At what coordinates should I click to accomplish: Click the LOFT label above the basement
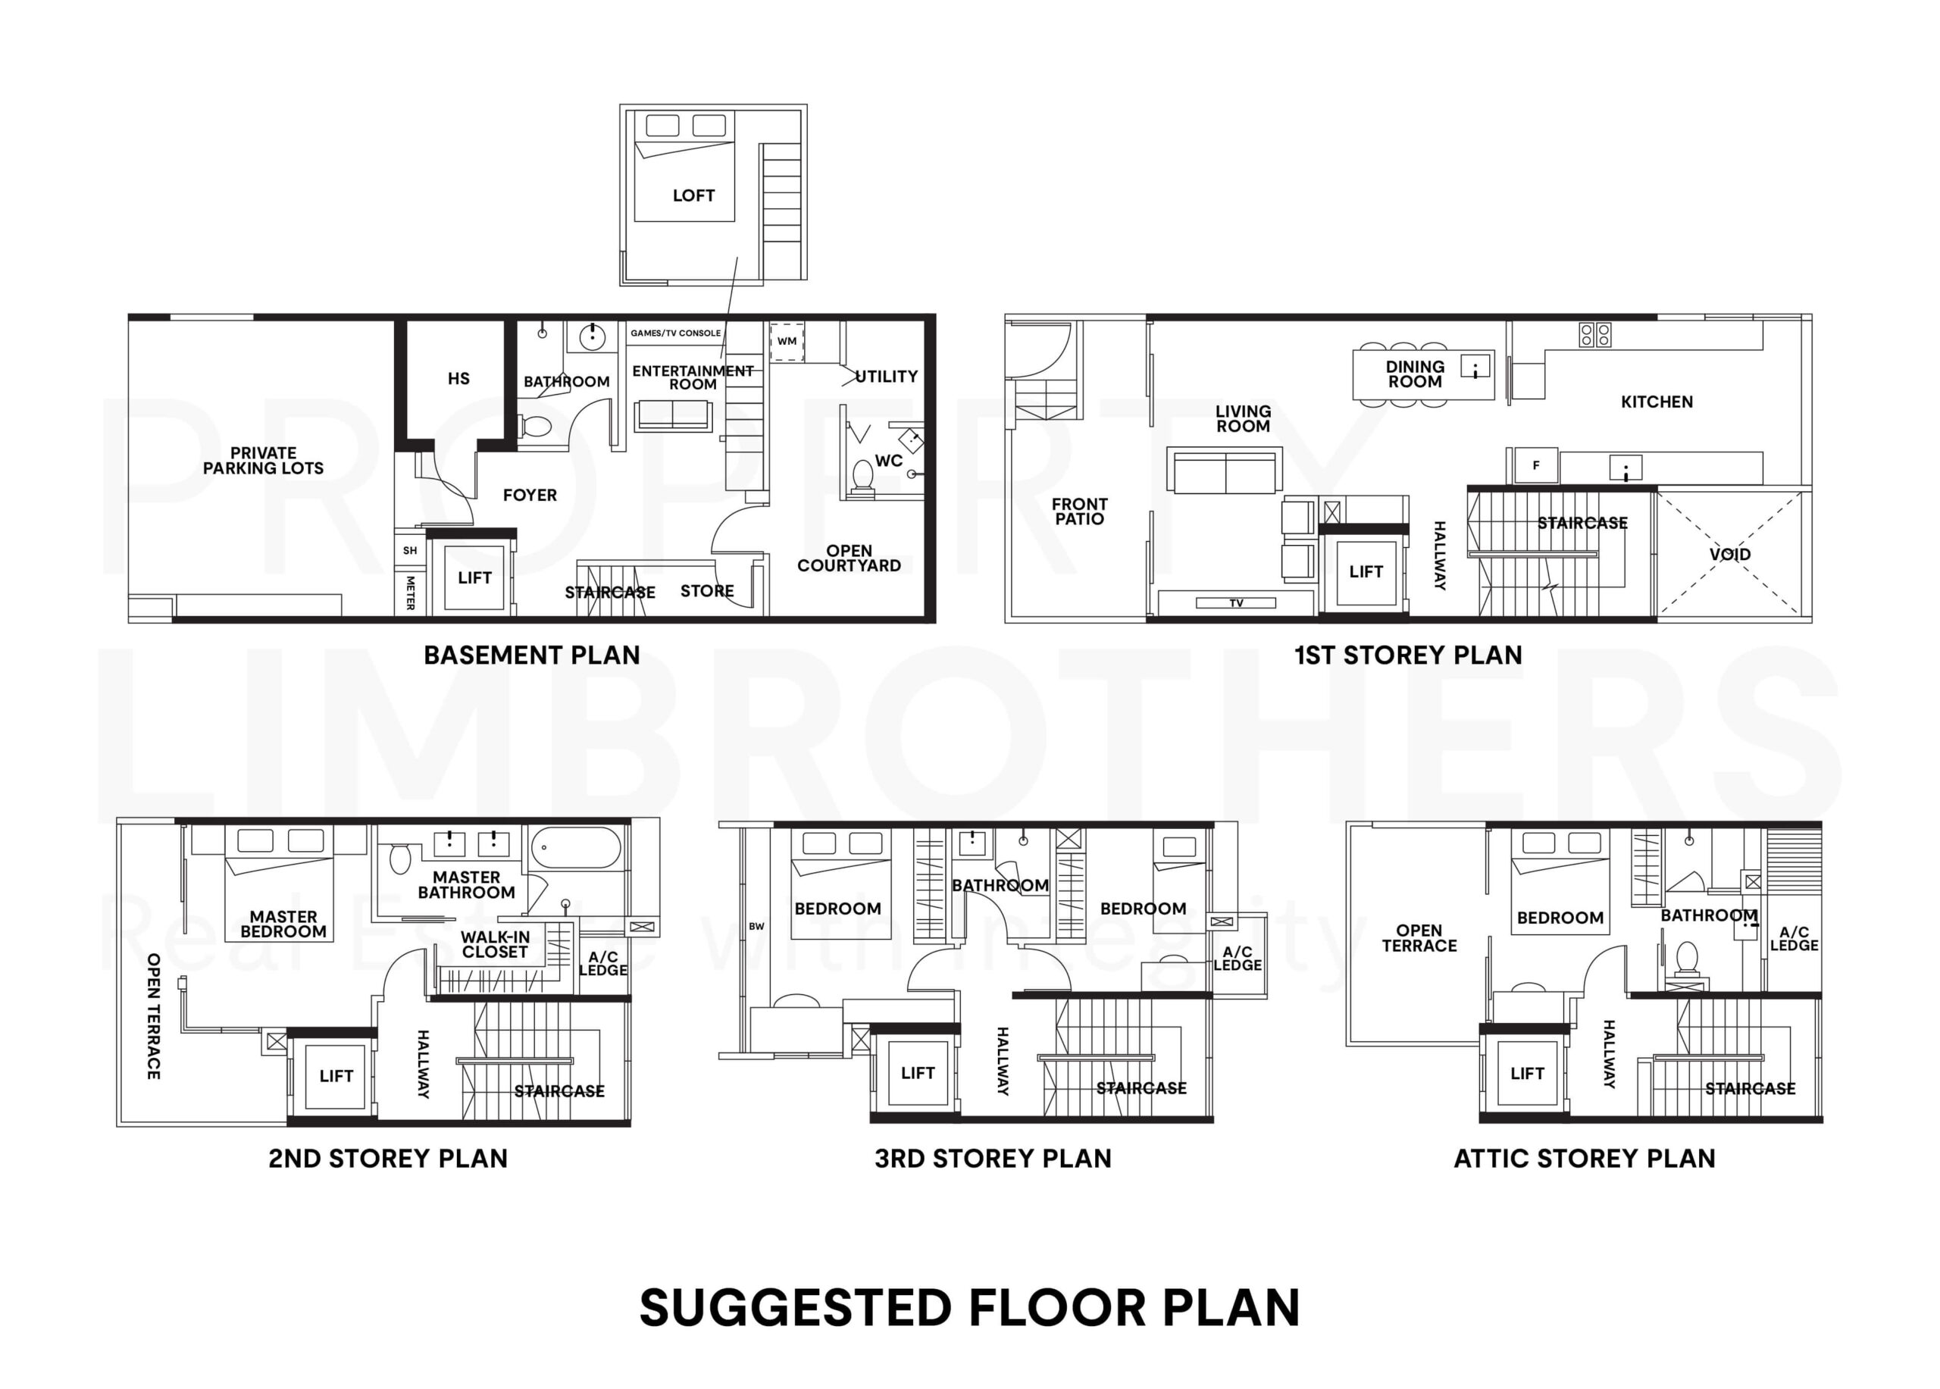coord(693,196)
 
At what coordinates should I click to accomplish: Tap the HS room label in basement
coord(458,379)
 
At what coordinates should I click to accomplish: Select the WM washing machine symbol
coord(787,341)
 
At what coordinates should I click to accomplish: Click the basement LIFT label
coord(474,578)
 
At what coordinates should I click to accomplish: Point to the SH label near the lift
coord(410,551)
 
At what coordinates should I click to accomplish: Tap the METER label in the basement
coord(411,593)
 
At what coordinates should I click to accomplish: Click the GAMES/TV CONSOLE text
coord(675,333)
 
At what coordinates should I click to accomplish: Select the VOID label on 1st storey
coord(1729,554)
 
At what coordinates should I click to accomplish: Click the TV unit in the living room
coord(1235,603)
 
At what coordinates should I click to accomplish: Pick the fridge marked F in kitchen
coord(1535,466)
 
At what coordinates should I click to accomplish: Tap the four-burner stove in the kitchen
coord(1594,334)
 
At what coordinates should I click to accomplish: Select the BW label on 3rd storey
coord(756,926)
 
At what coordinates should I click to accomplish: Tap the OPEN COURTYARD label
coord(849,558)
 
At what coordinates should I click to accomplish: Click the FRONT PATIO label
coord(1078,511)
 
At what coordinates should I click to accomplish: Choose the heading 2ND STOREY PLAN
coord(387,1158)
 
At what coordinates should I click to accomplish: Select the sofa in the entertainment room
coord(672,416)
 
